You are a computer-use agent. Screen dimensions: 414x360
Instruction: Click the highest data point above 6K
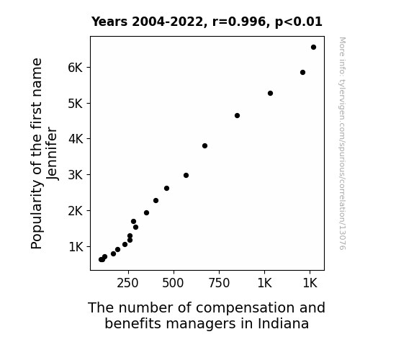(313, 48)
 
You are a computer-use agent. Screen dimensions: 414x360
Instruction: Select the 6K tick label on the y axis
(76, 68)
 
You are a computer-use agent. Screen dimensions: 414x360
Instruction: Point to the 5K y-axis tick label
(76, 104)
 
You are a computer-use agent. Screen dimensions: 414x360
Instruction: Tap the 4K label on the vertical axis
(76, 139)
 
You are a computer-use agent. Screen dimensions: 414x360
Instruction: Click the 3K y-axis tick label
(76, 175)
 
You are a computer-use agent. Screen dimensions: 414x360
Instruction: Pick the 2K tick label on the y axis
(76, 211)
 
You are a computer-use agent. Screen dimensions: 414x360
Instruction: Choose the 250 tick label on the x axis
(127, 284)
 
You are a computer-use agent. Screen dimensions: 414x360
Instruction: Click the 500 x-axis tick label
(173, 284)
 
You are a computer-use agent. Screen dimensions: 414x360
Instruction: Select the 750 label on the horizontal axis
(219, 284)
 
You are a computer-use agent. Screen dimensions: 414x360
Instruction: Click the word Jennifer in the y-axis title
(52, 153)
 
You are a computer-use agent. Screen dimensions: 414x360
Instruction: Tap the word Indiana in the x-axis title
(283, 323)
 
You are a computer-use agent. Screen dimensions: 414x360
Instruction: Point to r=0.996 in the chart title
(239, 22)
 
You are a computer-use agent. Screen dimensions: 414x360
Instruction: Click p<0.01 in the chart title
(298, 22)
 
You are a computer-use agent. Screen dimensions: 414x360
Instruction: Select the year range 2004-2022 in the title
(167, 22)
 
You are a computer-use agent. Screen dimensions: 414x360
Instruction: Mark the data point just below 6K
(302, 73)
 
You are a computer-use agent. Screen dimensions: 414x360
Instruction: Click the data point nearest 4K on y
(204, 145)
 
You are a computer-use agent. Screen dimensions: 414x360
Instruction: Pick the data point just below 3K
(186, 176)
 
